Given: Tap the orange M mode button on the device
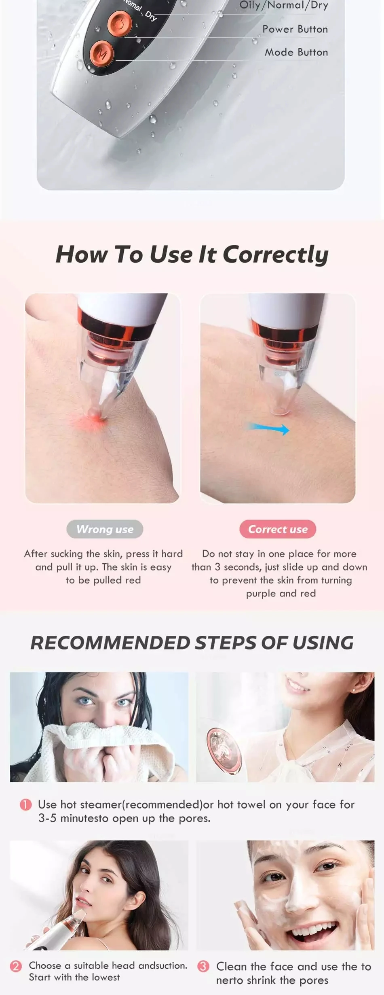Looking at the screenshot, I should [x=101, y=53].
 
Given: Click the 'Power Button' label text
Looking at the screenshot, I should [x=295, y=29].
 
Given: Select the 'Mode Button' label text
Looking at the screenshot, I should [x=296, y=52].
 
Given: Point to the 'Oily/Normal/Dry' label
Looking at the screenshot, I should [x=283, y=5].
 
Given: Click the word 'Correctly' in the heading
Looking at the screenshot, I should [x=275, y=255].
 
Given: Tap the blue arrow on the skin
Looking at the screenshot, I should [x=268, y=428].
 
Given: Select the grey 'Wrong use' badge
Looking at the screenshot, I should [x=105, y=529].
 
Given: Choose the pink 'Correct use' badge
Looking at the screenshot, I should [x=278, y=529].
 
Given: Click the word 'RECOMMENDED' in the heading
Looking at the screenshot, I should [x=110, y=643].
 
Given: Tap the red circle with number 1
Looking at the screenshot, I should [x=25, y=804].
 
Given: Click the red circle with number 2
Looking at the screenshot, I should [x=16, y=966].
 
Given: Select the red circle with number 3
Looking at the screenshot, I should [x=203, y=966].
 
